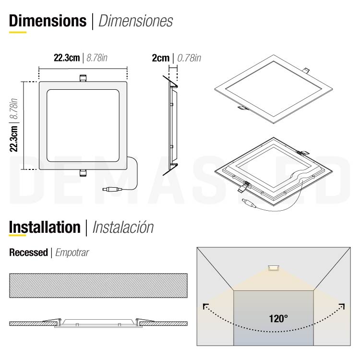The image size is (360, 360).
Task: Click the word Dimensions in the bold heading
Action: (x=48, y=21)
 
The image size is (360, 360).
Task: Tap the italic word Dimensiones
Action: (x=135, y=21)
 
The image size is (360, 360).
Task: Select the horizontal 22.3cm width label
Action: (x=66, y=58)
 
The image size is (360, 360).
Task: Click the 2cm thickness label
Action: (x=160, y=58)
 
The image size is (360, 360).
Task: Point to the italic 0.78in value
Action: (x=189, y=58)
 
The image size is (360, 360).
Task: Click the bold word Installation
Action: (x=45, y=227)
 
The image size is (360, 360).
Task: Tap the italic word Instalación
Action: (x=122, y=227)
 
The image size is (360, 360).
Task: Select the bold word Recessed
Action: (x=28, y=252)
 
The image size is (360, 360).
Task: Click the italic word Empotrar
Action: (x=72, y=252)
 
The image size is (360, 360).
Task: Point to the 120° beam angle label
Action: (x=278, y=318)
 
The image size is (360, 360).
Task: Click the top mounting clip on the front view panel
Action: (x=83, y=78)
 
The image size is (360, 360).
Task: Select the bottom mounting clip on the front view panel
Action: (x=83, y=172)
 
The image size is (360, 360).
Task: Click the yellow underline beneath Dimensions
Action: (x=18, y=32)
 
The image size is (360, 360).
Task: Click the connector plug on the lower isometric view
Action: (x=249, y=203)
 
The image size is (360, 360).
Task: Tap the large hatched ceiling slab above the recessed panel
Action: (x=98, y=286)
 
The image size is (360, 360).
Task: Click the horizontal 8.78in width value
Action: (x=96, y=58)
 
